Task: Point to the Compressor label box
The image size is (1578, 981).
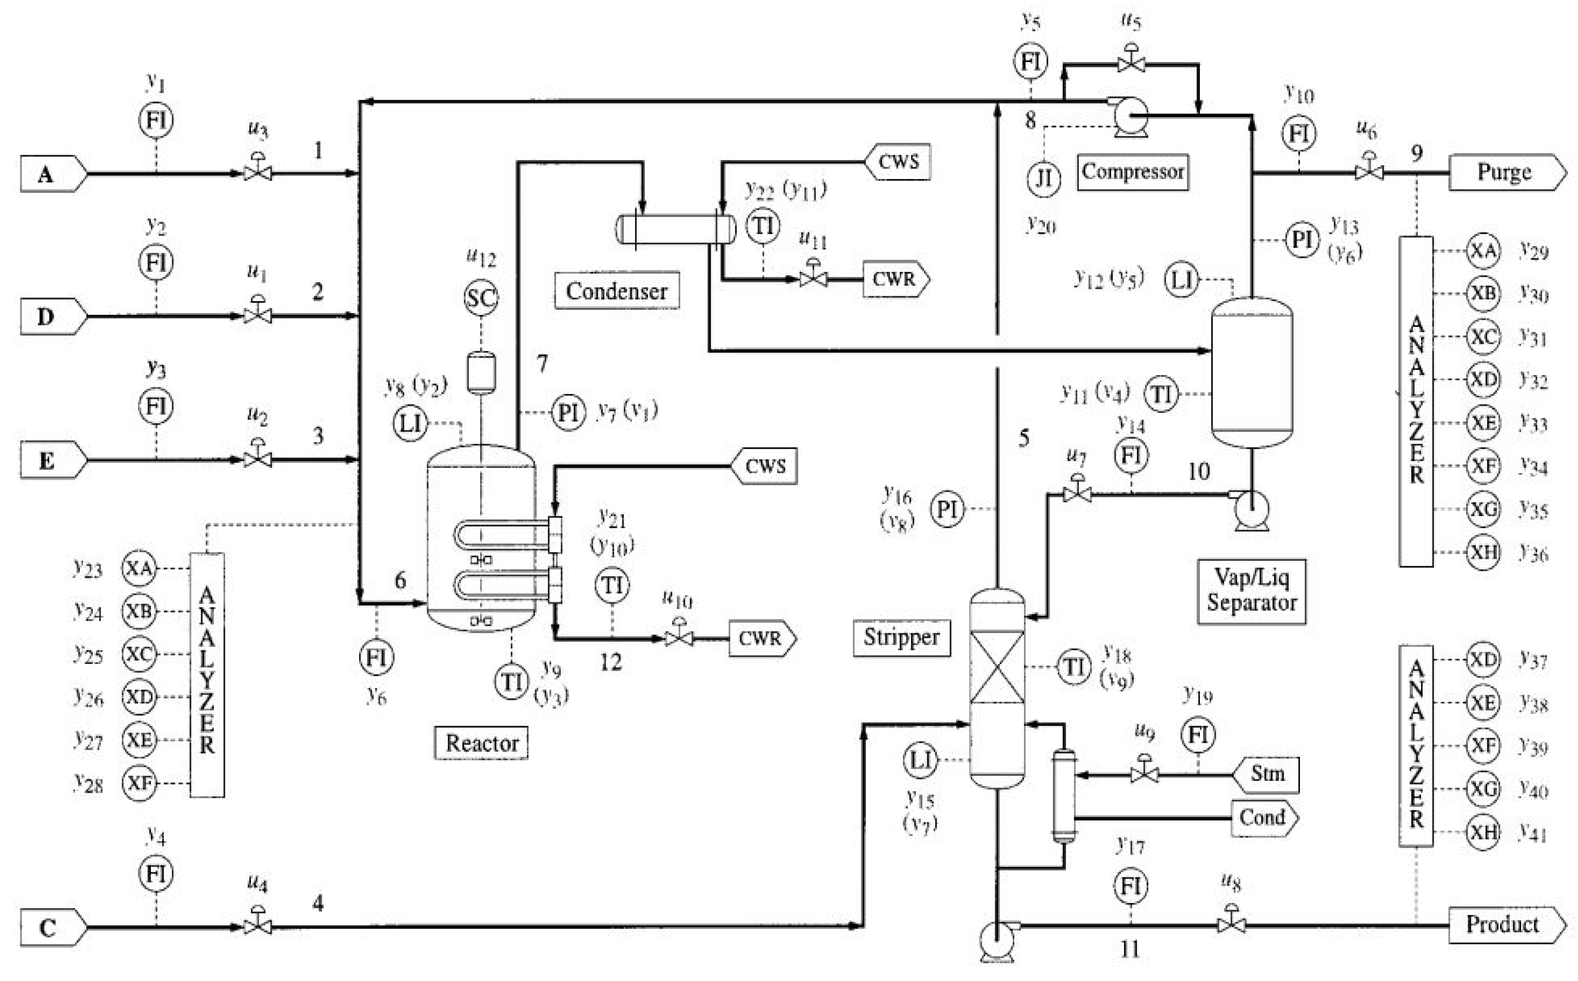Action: [x=1132, y=171]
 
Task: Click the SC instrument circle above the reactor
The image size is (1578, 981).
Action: [x=481, y=298]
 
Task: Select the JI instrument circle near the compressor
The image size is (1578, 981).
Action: [x=1043, y=177]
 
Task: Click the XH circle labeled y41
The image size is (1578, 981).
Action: [x=1483, y=831]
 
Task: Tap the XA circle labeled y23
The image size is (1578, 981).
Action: [x=139, y=568]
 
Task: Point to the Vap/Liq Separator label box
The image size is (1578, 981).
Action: [x=1251, y=591]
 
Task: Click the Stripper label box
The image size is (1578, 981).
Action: [x=901, y=638]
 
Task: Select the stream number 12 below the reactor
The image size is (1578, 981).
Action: [x=610, y=662]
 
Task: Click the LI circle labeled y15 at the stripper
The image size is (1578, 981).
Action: [x=920, y=760]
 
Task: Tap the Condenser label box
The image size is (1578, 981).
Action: [x=616, y=291]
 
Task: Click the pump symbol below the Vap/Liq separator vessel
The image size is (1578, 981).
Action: [x=1251, y=510]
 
